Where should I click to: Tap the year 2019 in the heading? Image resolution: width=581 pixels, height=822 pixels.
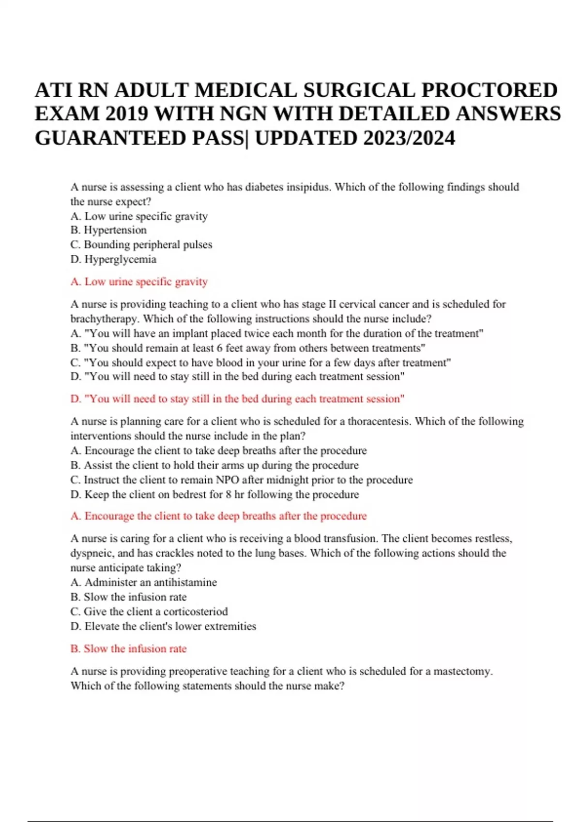pyautogui.click(x=127, y=114)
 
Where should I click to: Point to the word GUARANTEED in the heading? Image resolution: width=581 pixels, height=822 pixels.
pyautogui.click(x=110, y=138)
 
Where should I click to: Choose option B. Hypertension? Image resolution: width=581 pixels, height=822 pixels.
pyautogui.click(x=108, y=230)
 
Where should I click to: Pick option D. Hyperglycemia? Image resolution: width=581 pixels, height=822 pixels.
pyautogui.click(x=113, y=259)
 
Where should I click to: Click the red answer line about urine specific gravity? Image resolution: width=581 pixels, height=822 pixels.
pyautogui.click(x=139, y=281)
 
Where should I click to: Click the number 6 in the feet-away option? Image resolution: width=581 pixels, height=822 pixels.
pyautogui.click(x=220, y=348)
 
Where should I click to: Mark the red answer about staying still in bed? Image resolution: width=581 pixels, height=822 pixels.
pyautogui.click(x=237, y=399)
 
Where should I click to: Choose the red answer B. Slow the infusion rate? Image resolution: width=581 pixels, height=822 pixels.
pyautogui.click(x=128, y=649)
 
